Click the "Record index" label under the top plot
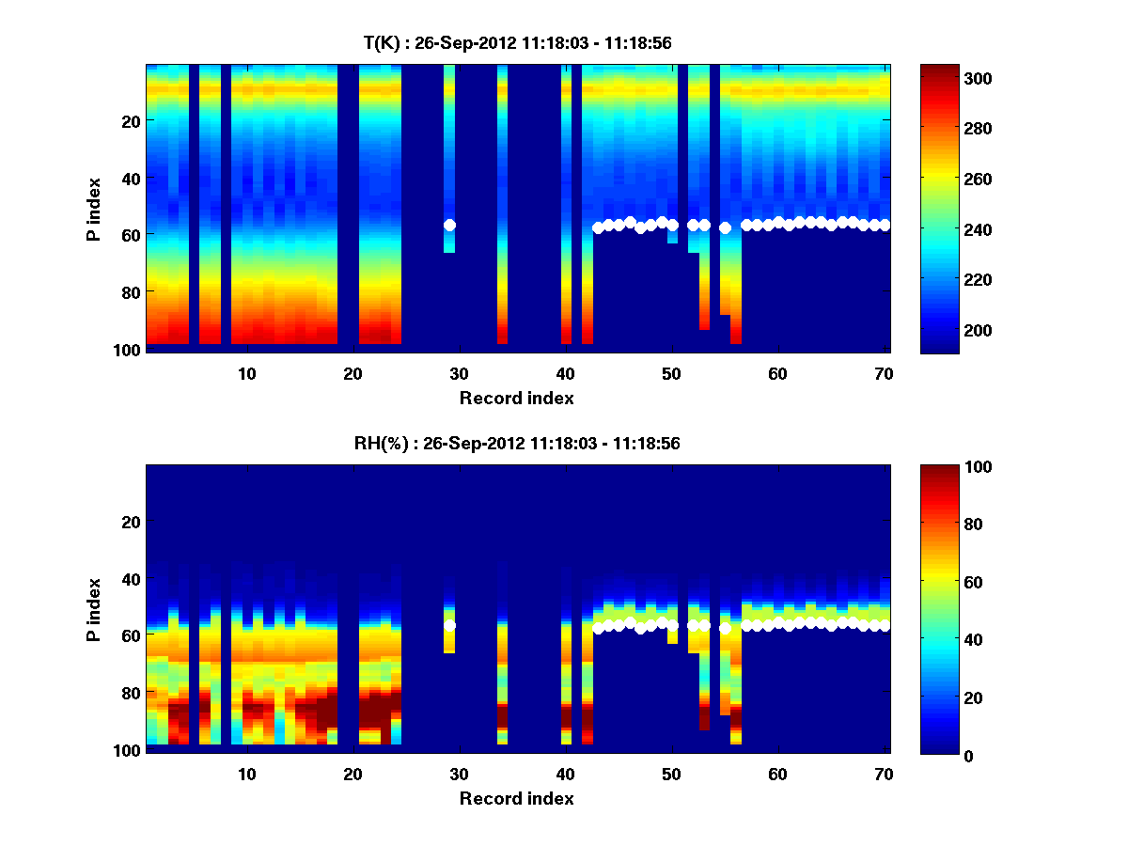(x=517, y=398)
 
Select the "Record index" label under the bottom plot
(x=517, y=798)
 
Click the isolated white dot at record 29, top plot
(x=449, y=225)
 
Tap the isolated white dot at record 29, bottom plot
(x=449, y=625)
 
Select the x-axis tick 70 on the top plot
(x=884, y=372)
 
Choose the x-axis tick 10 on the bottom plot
(x=246, y=773)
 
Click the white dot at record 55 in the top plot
(x=725, y=227)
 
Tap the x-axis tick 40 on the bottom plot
(x=565, y=773)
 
